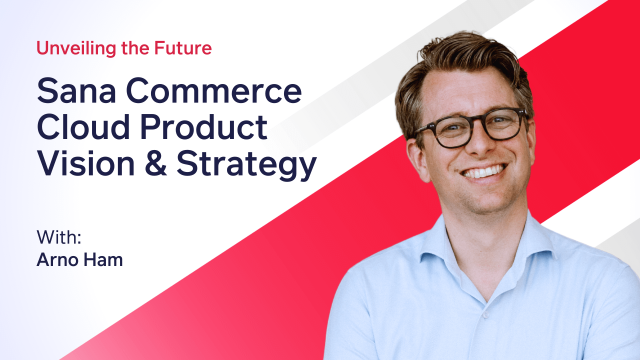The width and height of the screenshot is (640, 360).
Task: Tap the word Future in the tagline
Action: tap(184, 47)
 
